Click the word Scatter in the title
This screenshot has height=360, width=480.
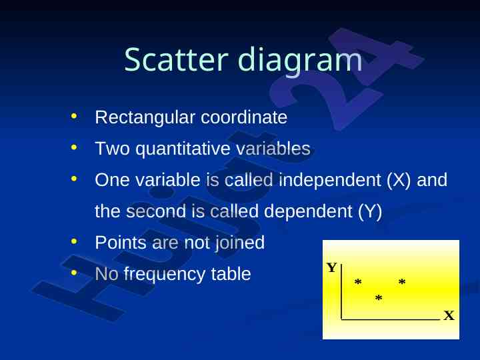coord(176,59)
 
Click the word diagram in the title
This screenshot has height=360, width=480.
coord(300,60)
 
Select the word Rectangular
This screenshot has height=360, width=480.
coord(145,118)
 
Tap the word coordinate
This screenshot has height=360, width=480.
coord(244,117)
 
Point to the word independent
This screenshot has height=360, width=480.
coord(330,180)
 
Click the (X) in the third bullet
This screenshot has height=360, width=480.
coord(399,180)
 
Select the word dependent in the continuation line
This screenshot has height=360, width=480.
coord(308,211)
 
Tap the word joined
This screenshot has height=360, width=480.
coord(240,243)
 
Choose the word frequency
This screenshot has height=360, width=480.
coord(165,274)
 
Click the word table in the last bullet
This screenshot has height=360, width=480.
coord(231,274)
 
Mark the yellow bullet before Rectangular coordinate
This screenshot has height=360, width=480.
coord(74,116)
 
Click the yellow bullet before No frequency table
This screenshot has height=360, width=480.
coord(74,273)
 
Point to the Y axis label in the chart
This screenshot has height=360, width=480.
coord(331,267)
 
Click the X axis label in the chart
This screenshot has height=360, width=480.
coord(449,315)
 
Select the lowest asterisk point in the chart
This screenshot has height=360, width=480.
coord(379,297)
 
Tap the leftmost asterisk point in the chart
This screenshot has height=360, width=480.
coord(358,281)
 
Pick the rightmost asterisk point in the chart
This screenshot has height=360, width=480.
coord(402,281)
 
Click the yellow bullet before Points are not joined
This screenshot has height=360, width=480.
coord(74,241)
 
